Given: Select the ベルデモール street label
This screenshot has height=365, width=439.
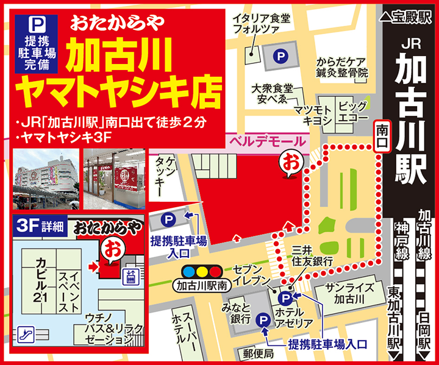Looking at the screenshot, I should click(x=266, y=141).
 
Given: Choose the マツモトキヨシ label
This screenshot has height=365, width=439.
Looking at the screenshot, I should click(x=313, y=115).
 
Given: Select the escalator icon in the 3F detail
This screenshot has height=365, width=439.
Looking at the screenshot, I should click(x=26, y=333).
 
